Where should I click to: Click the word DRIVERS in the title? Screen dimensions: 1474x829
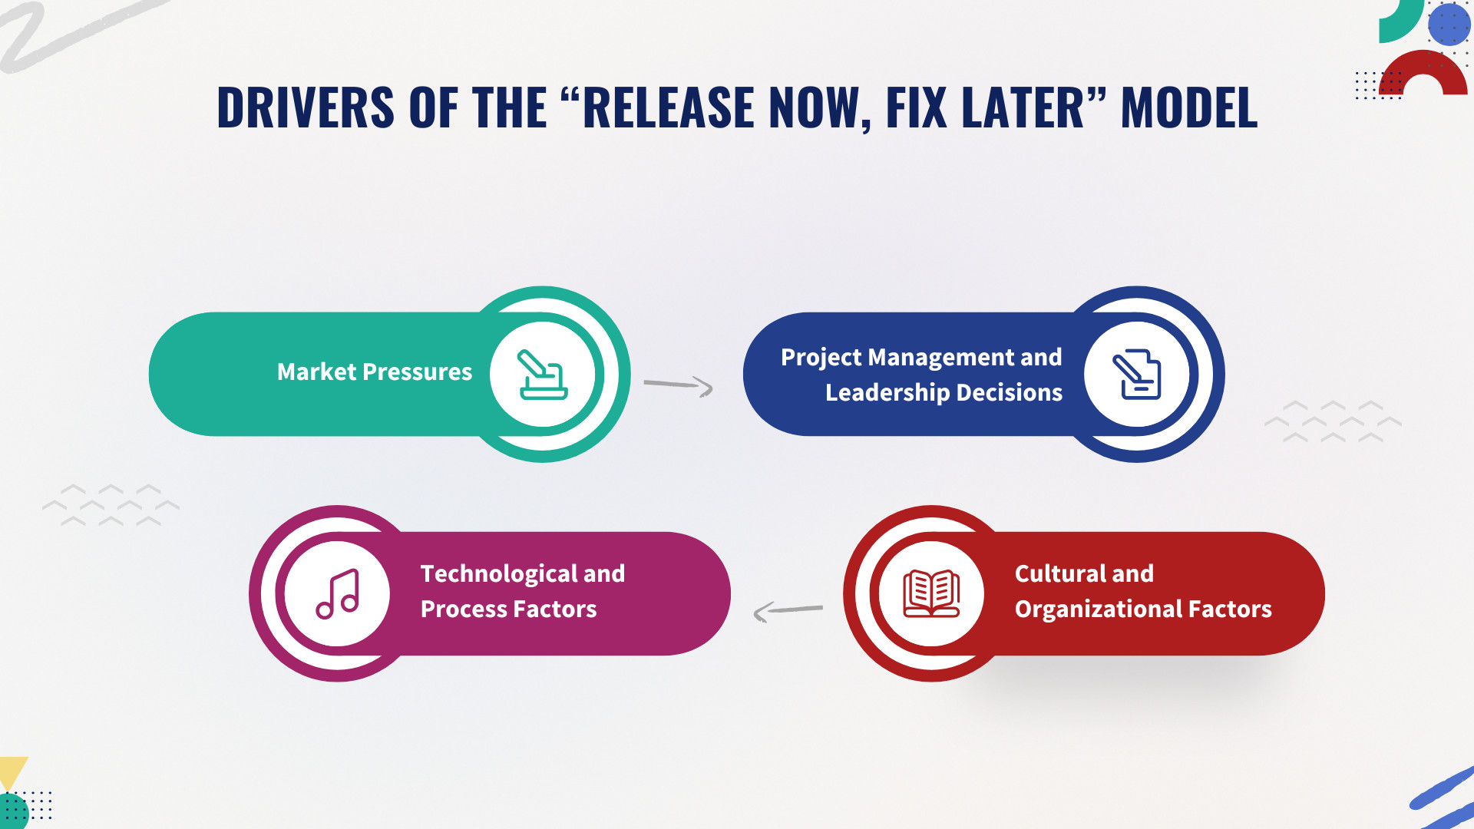pyautogui.click(x=306, y=107)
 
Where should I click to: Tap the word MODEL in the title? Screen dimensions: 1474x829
pyautogui.click(x=1189, y=107)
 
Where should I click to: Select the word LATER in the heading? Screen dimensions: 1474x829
pyautogui.click(x=1023, y=107)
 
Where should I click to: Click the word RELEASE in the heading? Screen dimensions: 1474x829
pyautogui.click(x=668, y=107)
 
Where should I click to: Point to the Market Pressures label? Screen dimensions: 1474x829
pyautogui.click(x=375, y=372)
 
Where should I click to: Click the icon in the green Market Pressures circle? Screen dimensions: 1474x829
pyautogui.click(x=543, y=375)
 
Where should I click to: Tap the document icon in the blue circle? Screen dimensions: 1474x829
pyautogui.click(x=1137, y=375)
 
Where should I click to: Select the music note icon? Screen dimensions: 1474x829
pyautogui.click(x=338, y=594)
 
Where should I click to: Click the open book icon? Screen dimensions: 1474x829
pyautogui.click(x=931, y=593)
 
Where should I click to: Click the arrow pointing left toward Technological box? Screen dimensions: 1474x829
pyautogui.click(x=788, y=611)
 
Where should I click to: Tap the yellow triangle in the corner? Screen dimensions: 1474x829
pyautogui.click(x=13, y=770)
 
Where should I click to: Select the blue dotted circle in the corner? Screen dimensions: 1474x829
pyautogui.click(x=1449, y=24)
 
